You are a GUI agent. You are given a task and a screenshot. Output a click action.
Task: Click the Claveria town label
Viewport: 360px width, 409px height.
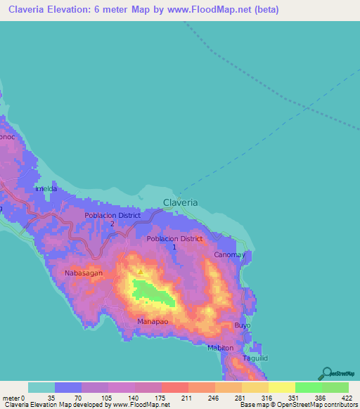[181, 202]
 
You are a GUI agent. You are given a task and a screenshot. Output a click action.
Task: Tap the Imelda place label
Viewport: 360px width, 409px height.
[46, 190]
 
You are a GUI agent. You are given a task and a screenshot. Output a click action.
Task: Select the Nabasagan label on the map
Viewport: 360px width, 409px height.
[84, 273]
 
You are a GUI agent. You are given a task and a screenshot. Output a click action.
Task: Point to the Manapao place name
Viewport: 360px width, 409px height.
[151, 321]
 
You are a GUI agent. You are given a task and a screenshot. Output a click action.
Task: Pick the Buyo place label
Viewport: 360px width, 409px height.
[242, 327]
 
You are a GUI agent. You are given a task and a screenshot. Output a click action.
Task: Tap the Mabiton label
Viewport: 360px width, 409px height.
[221, 348]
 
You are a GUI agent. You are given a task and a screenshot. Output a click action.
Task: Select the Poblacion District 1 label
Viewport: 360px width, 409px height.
[174, 242]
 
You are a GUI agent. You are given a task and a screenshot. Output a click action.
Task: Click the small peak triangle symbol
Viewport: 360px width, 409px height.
[141, 271]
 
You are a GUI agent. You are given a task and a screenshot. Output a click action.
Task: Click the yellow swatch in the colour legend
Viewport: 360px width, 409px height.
[281, 387]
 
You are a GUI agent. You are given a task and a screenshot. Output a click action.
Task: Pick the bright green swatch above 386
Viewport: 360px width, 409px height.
[308, 387]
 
